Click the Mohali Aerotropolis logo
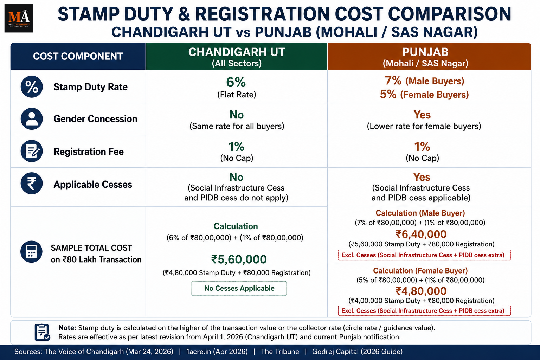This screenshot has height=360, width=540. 19,18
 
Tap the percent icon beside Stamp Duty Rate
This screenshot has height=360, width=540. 32,86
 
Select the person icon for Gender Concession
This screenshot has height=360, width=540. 32,118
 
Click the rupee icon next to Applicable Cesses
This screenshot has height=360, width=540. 32,183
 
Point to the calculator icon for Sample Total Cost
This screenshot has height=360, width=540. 31,251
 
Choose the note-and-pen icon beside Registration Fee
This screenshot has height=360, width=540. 32,151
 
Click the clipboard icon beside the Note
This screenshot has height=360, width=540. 42,332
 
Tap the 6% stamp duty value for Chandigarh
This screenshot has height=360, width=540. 236,82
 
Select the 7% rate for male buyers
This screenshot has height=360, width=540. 393,81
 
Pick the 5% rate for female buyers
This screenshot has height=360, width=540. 388,94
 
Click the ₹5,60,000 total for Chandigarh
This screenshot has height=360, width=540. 239,259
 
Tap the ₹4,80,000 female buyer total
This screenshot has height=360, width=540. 421,291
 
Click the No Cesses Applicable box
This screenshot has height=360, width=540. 239,288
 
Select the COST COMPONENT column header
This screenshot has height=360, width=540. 78,56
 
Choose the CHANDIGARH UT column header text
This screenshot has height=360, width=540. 237,52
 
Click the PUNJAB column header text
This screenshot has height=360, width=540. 425,52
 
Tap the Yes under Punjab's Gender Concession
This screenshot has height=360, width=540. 422,115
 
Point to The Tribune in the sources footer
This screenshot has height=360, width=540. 280,352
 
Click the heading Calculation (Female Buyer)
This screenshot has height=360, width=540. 420,271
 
